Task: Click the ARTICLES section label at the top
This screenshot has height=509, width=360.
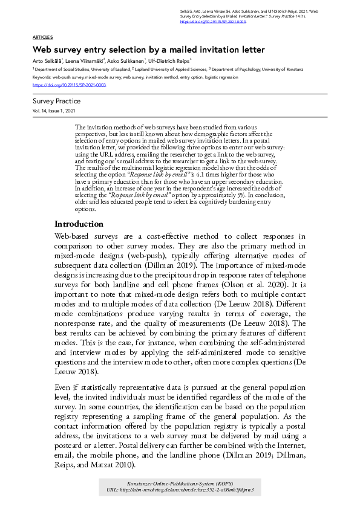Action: [x=42, y=37]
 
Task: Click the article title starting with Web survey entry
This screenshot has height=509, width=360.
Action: [x=149, y=50]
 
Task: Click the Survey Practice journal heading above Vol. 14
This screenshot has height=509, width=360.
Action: [x=56, y=102]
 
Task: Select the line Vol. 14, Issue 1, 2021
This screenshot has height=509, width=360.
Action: [x=54, y=112]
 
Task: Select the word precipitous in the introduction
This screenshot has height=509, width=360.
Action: [x=177, y=274]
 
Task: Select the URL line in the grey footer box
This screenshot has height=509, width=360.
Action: [x=180, y=490]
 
